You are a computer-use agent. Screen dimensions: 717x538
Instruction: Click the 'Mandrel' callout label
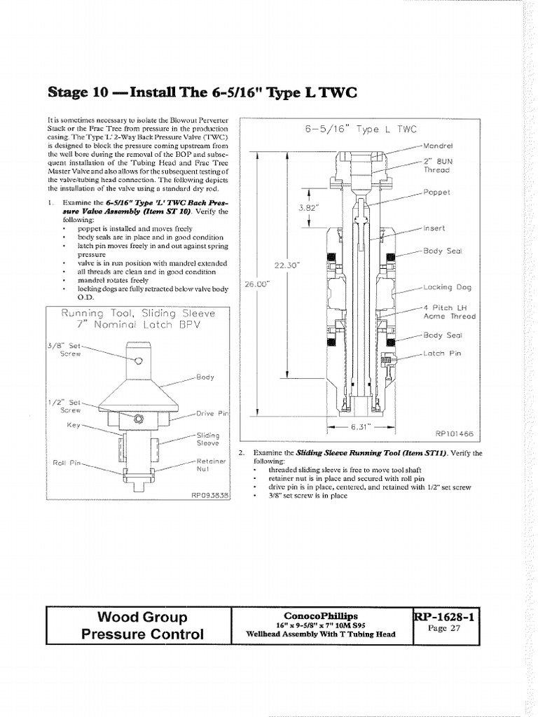coord(439,146)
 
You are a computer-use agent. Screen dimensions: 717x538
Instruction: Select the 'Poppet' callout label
coord(436,192)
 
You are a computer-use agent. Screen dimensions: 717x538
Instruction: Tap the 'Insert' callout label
coord(434,228)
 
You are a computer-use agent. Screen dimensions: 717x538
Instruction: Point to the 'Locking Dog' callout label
coord(447,287)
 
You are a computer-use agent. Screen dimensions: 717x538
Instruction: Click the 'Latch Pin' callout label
coord(443,354)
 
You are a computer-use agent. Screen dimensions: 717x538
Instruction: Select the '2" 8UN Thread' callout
coord(436,165)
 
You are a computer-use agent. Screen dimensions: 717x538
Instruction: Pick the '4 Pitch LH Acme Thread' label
coord(449,312)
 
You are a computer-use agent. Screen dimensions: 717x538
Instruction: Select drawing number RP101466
coord(454,433)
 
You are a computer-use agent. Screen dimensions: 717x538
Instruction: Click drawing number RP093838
coord(210,494)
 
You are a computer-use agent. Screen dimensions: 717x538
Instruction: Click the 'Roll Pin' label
coord(66,463)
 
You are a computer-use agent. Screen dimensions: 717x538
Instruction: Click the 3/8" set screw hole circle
coord(139,361)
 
